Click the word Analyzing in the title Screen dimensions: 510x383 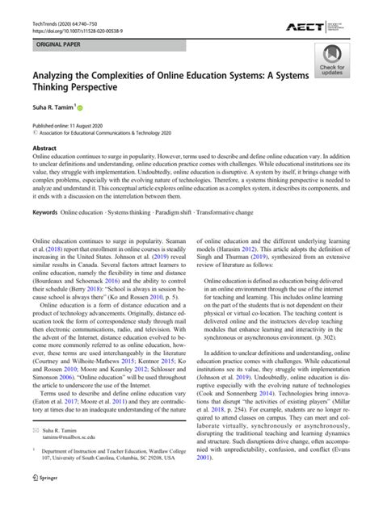pyautogui.click(x=62, y=77)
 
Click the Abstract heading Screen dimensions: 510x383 pyautogui.click(x=44, y=149)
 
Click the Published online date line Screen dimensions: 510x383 pyautogui.click(x=69, y=127)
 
